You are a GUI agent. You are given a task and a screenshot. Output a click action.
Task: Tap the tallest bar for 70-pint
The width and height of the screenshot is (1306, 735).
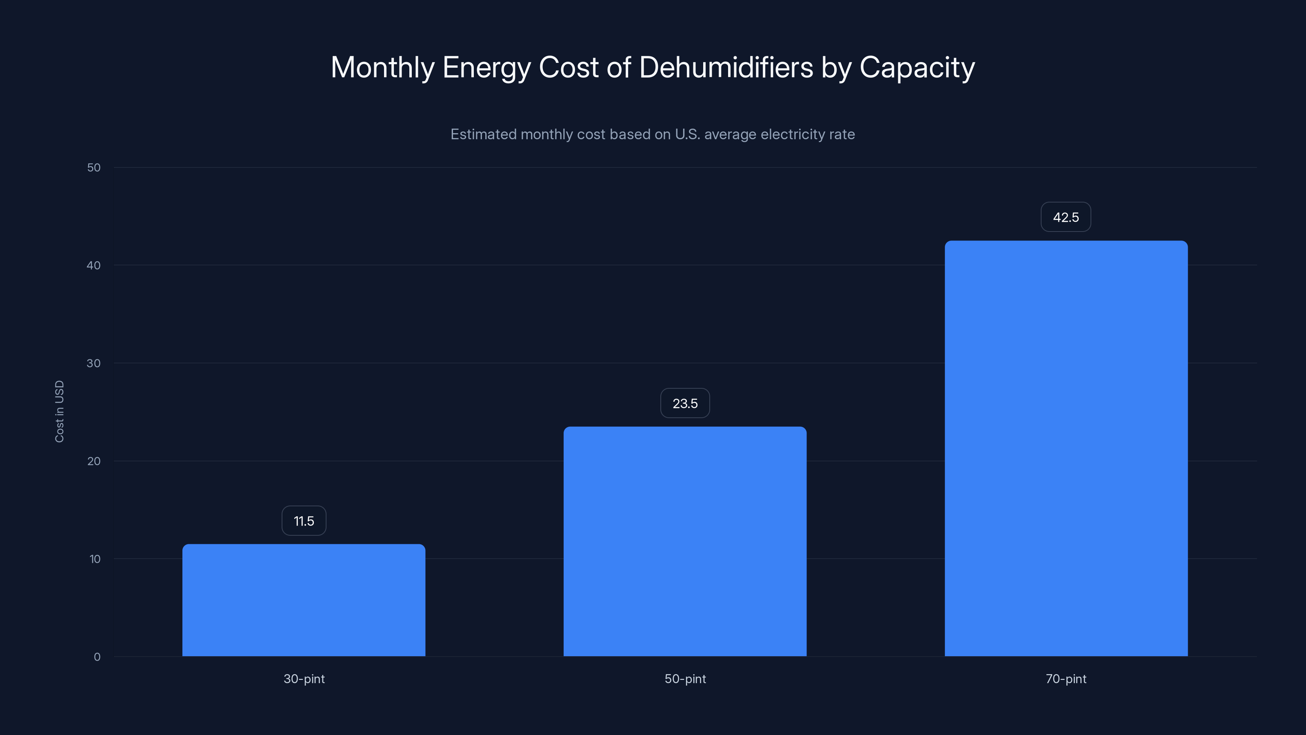(x=1066, y=448)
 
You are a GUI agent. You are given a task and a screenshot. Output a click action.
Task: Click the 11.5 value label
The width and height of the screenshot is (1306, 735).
(x=304, y=521)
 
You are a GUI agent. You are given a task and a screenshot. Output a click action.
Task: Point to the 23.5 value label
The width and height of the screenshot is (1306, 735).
(x=685, y=403)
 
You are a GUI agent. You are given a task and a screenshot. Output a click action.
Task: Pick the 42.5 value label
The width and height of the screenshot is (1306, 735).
(x=1066, y=217)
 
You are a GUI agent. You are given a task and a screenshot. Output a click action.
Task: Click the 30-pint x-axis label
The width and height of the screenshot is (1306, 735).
(x=304, y=679)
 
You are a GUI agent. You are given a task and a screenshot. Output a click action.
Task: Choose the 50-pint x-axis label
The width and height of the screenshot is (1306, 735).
(x=685, y=679)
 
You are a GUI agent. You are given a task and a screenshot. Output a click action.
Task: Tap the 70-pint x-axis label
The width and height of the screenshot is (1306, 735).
(x=1066, y=679)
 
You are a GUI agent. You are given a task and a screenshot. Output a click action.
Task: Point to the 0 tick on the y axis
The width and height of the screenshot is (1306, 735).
(x=97, y=657)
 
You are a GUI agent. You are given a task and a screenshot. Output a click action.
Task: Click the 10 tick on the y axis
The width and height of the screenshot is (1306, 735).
(x=95, y=559)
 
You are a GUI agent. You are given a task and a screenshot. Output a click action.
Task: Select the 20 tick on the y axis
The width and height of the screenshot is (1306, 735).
(x=94, y=461)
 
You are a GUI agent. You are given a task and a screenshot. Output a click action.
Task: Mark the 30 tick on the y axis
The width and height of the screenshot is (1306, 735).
(x=94, y=363)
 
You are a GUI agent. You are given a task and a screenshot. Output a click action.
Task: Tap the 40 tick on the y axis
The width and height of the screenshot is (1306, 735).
(x=94, y=265)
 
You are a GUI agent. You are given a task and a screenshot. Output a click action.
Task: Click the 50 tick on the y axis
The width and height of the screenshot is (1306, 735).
(x=94, y=167)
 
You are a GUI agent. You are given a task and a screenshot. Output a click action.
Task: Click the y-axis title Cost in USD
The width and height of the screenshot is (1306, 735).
(x=59, y=411)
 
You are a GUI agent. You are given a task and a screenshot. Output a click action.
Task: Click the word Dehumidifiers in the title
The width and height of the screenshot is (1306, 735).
(x=726, y=67)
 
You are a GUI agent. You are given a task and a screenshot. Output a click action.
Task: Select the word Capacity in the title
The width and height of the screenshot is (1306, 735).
(x=917, y=68)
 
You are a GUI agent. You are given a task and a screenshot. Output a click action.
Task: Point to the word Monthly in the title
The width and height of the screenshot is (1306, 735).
(x=383, y=68)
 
